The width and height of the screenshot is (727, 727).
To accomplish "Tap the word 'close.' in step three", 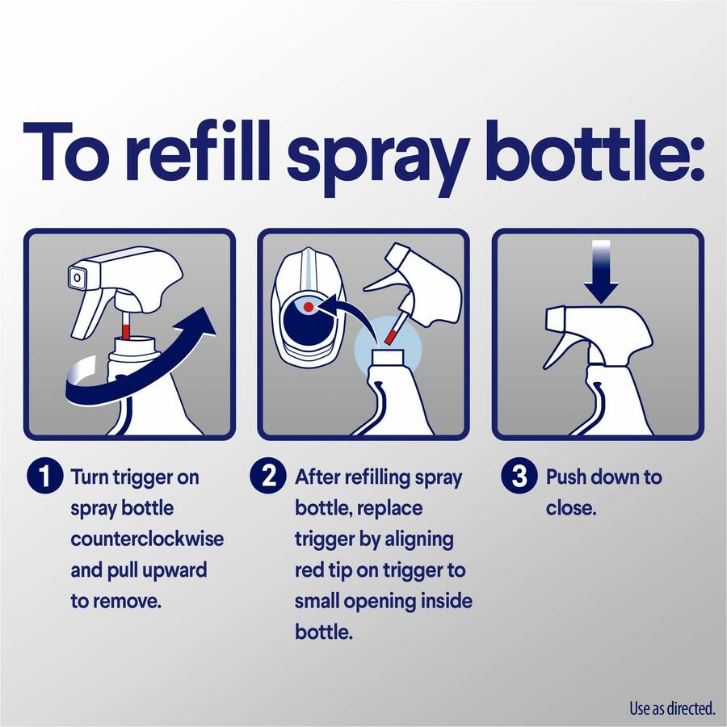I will pos(571,509).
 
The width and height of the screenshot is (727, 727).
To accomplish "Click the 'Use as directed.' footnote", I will pos(672,708).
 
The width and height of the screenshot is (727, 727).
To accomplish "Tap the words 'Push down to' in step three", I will pos(603,477).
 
